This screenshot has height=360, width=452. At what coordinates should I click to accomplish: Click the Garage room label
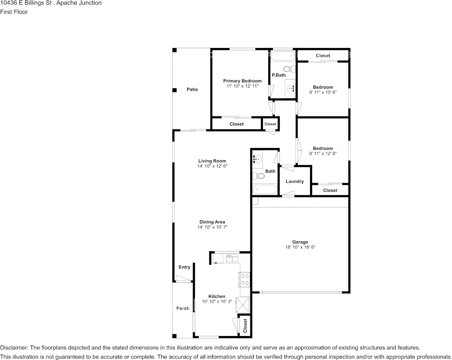[x=300, y=242]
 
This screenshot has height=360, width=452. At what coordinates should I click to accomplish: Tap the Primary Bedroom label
[x=242, y=81]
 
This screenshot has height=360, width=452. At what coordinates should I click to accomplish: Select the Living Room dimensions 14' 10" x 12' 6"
[x=212, y=166]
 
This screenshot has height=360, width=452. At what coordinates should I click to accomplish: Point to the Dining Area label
[x=212, y=222]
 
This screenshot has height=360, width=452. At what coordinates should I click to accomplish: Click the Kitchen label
[x=217, y=296]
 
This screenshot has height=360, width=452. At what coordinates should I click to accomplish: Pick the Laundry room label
[x=294, y=181]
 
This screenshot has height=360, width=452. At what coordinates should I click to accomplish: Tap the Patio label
[x=192, y=89]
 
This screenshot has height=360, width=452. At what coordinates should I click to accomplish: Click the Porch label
[x=183, y=308]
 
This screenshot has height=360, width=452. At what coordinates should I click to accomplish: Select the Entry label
[x=185, y=267]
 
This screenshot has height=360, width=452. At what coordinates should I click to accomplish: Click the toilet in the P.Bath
[x=290, y=69]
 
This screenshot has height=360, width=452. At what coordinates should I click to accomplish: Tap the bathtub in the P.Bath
[x=283, y=56]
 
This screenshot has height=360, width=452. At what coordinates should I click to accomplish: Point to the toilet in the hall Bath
[x=258, y=175]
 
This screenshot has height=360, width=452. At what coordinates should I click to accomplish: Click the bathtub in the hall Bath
[x=265, y=190]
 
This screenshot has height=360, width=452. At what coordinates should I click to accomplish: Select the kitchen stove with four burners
[x=244, y=279]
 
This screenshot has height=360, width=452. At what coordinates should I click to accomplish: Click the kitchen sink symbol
[x=232, y=258]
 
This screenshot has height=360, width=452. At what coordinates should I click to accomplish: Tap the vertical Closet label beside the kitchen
[x=245, y=326]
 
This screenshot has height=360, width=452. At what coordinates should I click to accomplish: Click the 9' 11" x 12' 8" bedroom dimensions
[x=323, y=154]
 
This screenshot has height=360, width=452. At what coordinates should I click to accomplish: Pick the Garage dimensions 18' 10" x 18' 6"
[x=300, y=247]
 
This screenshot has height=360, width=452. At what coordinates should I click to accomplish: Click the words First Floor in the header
[x=14, y=12]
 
